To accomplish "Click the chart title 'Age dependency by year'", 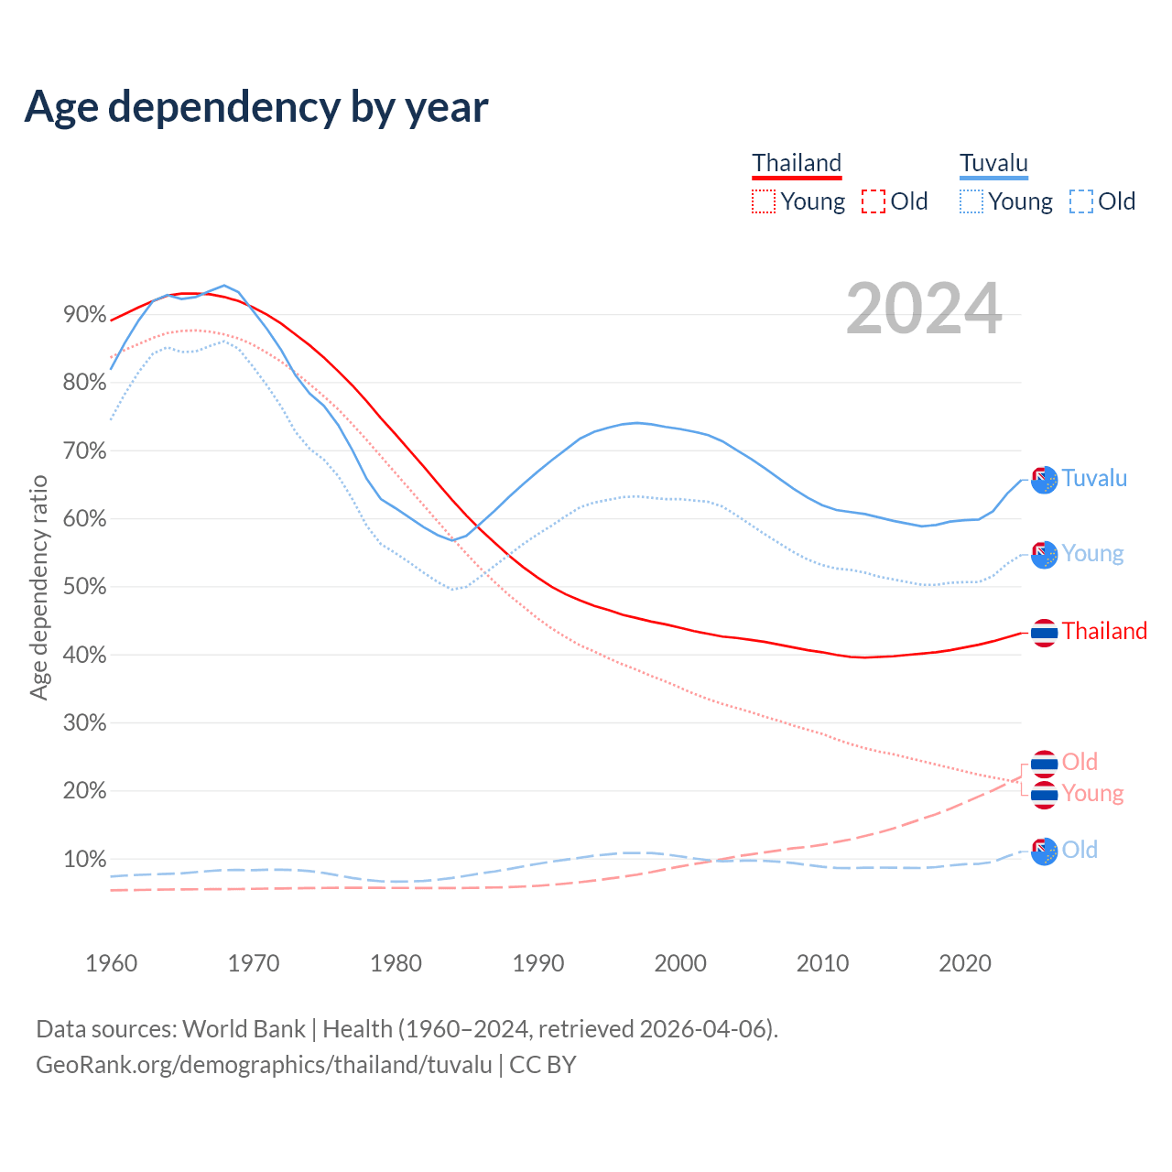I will pos(256,107).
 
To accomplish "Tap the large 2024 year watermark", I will pos(923,309).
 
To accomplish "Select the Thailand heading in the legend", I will pos(797,164).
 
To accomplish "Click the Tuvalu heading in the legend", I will pos(993,164).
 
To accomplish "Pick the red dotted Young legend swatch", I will pos(763,201).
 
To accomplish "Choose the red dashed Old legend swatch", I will pos(874,201).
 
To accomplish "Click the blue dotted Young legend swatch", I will pos(971,201).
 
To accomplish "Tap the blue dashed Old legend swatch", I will pos(1081,201).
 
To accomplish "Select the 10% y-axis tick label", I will pos(85,859).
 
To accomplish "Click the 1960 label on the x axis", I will pos(111,963).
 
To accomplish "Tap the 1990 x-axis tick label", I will pos(538,963).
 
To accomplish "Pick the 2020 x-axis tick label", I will pos(965,963).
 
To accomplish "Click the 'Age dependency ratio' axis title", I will pos(38,587).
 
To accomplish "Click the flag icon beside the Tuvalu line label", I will pos(1044,480).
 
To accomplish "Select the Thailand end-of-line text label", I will pos(1104,632).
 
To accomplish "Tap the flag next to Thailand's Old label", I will pos(1044,763).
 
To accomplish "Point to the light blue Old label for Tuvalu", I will pos(1080,851).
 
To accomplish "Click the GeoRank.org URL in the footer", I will pos(264,1065).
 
